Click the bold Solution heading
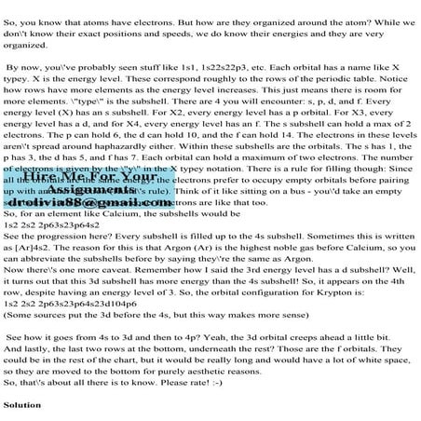[x=23, y=405]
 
